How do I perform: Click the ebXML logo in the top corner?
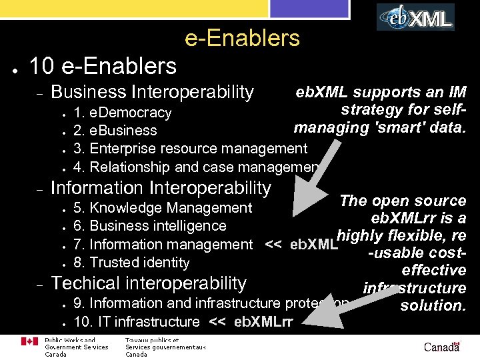point(415,17)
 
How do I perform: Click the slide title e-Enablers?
point(242,39)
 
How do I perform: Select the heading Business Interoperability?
point(152,92)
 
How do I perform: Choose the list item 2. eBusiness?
point(115,131)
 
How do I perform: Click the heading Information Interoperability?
point(161,189)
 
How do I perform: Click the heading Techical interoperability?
point(149,283)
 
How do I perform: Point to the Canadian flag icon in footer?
point(30,342)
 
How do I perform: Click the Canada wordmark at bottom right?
point(441,347)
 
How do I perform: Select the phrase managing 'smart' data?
point(379,127)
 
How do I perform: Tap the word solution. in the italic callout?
point(432,306)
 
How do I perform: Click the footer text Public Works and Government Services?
point(75,343)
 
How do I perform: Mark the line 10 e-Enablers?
point(103,66)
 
